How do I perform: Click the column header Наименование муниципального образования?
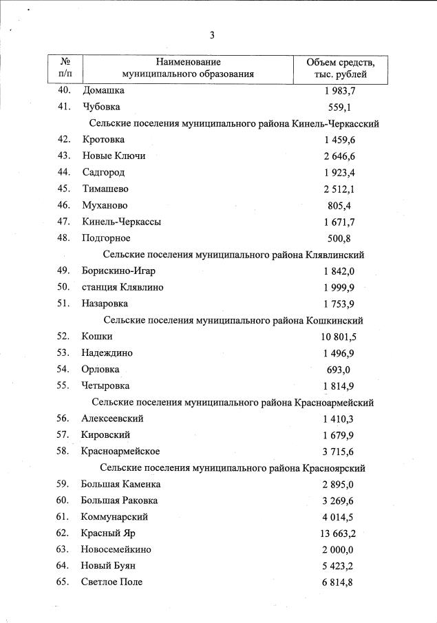point(188,68)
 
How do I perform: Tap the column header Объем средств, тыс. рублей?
point(341,68)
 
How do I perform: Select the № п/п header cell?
point(66,68)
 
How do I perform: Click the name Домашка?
point(104,90)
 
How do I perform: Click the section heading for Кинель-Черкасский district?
point(235,123)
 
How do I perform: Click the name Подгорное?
point(106,238)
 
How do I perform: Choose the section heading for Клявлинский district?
point(235,255)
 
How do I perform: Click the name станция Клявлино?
point(122,287)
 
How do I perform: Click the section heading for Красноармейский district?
point(235,402)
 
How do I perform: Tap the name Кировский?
point(106,435)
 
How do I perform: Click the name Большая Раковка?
point(120,500)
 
